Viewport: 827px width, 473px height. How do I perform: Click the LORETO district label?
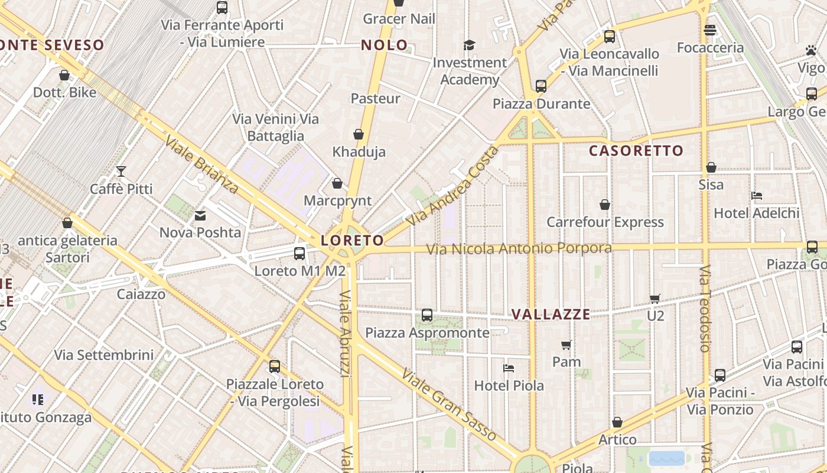[352, 241]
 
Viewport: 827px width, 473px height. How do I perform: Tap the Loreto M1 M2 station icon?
[299, 254]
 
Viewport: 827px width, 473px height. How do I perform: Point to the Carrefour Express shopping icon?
[605, 205]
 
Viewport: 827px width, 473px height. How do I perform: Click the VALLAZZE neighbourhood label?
[551, 315]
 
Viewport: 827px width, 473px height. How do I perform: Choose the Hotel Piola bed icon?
[509, 368]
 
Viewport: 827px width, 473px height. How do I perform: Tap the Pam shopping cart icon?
[566, 344]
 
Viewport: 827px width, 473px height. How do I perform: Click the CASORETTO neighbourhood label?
[636, 151]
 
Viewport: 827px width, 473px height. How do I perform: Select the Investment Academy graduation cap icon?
[470, 45]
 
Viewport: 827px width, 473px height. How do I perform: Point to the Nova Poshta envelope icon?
[200, 216]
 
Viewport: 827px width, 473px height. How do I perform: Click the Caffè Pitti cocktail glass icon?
[121, 171]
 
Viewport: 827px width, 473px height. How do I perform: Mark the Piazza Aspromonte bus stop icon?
[427, 315]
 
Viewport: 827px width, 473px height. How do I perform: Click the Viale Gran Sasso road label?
[449, 404]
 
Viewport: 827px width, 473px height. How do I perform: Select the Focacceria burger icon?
[710, 30]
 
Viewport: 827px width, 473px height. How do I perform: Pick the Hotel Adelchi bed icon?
[756, 196]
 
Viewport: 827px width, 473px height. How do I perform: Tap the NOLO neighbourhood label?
[384, 45]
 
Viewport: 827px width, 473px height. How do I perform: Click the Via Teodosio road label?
[704, 308]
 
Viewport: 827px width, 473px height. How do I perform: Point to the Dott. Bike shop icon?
[64, 75]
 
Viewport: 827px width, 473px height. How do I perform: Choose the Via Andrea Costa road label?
[453, 186]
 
